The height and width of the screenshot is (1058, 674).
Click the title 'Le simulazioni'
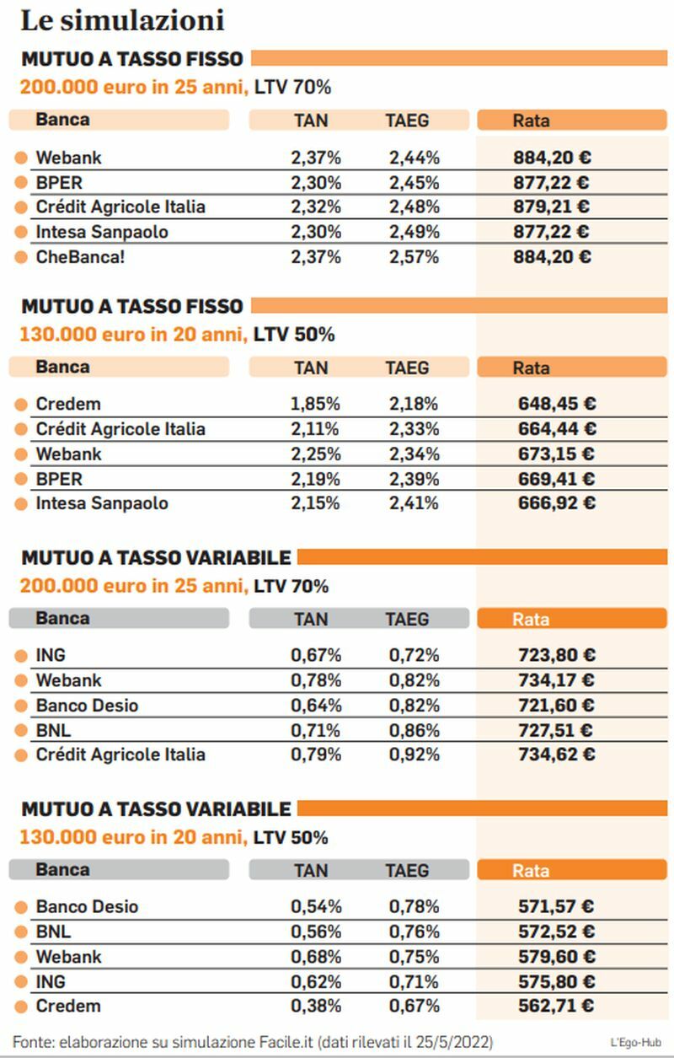point(122,21)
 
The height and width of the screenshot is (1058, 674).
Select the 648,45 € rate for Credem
point(557,404)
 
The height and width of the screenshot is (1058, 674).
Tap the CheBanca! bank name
point(80,257)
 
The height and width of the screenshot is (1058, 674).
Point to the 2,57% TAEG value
point(414,257)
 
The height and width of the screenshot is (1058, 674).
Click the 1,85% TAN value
point(315,404)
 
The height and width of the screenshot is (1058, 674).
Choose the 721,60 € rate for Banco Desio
point(556,705)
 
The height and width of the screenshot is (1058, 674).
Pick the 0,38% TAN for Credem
point(316,1006)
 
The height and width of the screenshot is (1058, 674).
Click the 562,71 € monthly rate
point(556,1006)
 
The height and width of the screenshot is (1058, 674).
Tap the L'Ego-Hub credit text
point(635,1043)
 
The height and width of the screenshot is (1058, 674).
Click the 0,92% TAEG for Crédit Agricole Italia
point(414,755)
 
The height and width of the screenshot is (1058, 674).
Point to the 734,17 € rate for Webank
point(557,680)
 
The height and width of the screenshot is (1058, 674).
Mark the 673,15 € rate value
point(557,454)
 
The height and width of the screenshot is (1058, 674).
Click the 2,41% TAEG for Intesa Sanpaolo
point(414,503)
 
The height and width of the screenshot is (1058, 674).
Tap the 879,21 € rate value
point(552,207)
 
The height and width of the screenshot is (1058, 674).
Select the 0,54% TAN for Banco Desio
point(316,906)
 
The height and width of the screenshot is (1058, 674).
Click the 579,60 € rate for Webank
point(557,957)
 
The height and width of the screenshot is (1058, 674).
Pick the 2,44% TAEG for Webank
point(414,158)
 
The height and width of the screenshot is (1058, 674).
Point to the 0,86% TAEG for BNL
point(414,730)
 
